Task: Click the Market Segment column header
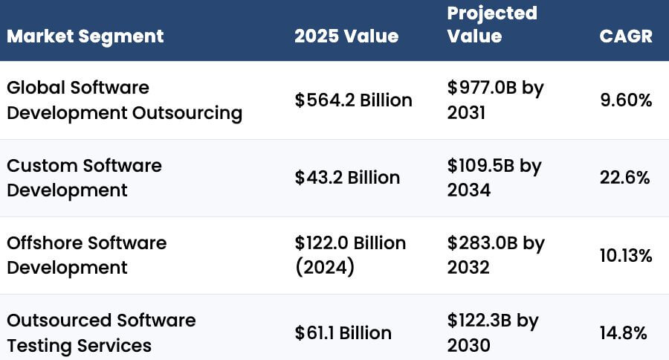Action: tap(85, 36)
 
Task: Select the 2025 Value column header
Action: tap(346, 36)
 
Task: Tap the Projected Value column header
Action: tap(491, 24)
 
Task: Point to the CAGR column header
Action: tap(626, 36)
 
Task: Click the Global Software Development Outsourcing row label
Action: tap(124, 100)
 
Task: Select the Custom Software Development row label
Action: tap(84, 177)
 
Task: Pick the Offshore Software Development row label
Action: tap(86, 254)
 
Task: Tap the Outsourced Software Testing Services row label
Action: tap(101, 332)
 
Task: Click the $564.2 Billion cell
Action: tap(353, 100)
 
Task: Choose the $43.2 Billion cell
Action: tap(347, 177)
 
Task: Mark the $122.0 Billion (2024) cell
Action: tap(350, 254)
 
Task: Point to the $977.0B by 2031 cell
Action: tap(495, 100)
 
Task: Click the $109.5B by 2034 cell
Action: tap(494, 177)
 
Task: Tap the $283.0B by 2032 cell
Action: tap(496, 254)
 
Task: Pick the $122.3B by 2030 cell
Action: tap(494, 332)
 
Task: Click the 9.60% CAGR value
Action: tap(626, 100)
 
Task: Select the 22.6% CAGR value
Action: tap(625, 177)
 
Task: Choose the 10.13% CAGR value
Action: tap(626, 255)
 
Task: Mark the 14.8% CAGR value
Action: tap(625, 332)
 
